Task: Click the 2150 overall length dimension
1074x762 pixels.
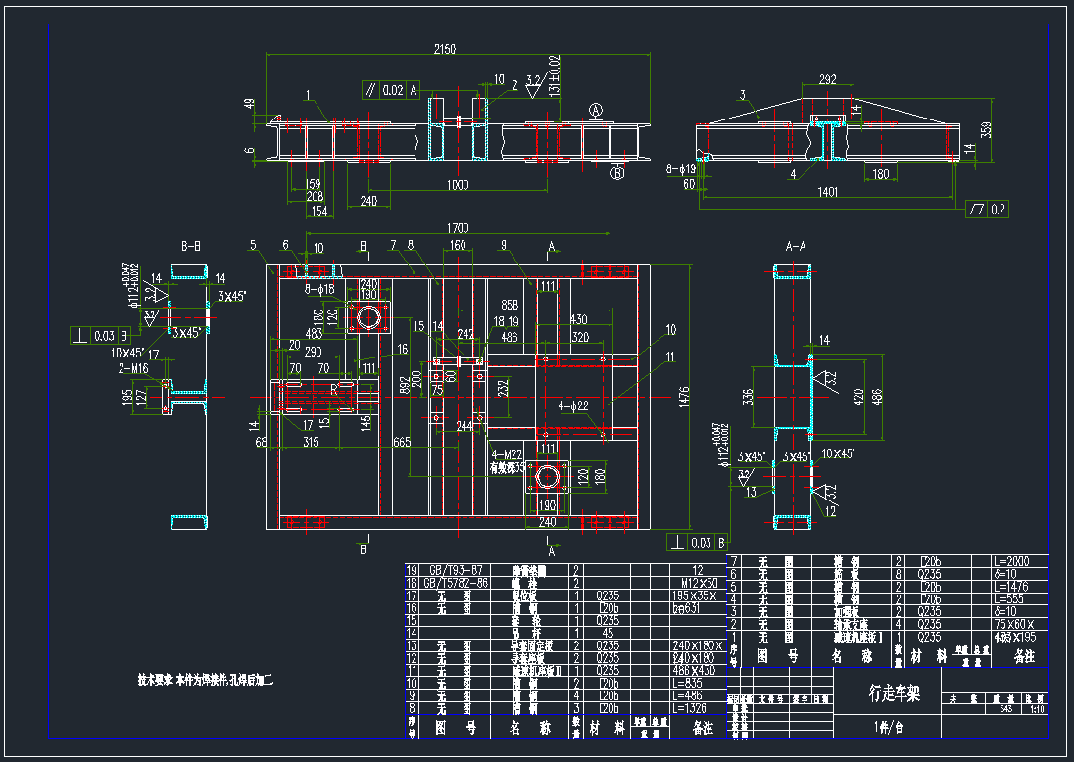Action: pyautogui.click(x=446, y=49)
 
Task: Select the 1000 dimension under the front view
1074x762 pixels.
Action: pyautogui.click(x=456, y=185)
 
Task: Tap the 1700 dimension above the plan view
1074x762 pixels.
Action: pyautogui.click(x=458, y=229)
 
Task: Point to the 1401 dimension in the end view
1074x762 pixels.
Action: pyautogui.click(x=827, y=194)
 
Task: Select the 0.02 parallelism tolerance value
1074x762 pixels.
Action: pyautogui.click(x=392, y=91)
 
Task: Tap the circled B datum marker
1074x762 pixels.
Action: pyautogui.click(x=618, y=174)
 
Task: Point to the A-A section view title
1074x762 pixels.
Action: pyautogui.click(x=796, y=247)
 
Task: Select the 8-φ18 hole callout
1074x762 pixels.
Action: pyautogui.click(x=319, y=290)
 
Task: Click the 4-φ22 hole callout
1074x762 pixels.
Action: pyautogui.click(x=573, y=405)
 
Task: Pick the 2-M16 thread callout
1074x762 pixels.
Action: pyautogui.click(x=134, y=368)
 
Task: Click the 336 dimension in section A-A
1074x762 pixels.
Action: pyautogui.click(x=749, y=397)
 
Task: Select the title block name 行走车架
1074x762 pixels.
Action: pyautogui.click(x=895, y=693)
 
